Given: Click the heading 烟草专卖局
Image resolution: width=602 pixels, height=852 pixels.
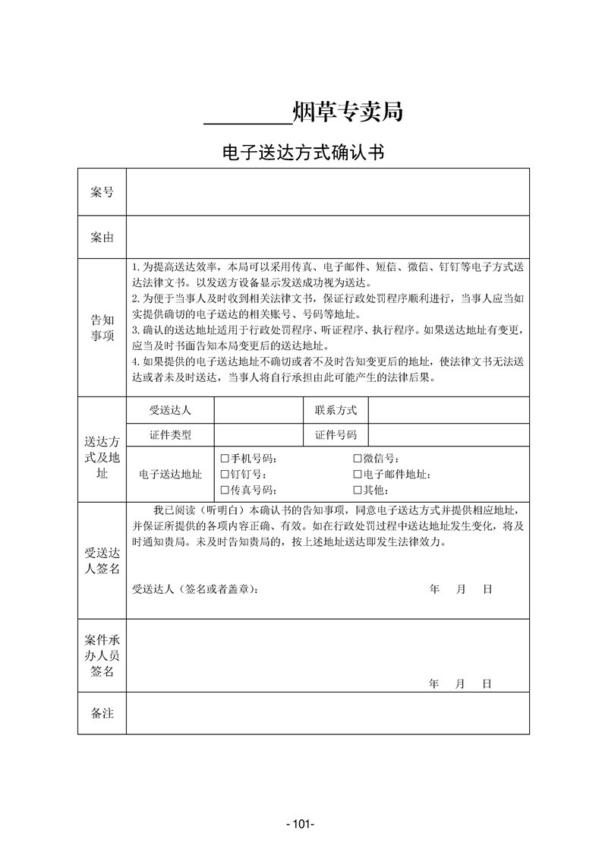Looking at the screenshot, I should [347, 112].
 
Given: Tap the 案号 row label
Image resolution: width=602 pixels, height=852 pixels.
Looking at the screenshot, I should [102, 192].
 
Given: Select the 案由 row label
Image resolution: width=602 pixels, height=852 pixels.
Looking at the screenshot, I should [102, 238].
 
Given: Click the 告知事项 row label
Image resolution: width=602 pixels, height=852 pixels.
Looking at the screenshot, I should [102, 327].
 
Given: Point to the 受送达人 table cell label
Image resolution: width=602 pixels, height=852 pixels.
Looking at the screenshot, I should [170, 410].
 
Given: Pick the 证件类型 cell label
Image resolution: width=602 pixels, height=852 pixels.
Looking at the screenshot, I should [170, 435].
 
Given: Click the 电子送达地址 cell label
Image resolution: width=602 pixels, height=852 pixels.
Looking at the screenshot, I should [170, 475].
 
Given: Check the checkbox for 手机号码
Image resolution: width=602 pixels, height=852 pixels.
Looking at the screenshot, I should [225, 459].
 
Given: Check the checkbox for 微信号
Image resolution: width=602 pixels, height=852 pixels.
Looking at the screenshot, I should [357, 459].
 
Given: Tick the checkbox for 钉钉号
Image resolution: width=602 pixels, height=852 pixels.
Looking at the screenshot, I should [225, 475].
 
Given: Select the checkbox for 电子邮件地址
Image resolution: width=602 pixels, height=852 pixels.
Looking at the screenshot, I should [357, 475].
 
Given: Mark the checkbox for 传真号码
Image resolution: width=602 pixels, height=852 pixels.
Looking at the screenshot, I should [225, 490].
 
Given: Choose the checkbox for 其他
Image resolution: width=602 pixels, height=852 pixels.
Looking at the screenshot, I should [357, 490].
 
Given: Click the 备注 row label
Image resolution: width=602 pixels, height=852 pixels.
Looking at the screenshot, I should [102, 713].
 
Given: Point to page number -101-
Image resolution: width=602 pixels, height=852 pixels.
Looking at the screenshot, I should [301, 824].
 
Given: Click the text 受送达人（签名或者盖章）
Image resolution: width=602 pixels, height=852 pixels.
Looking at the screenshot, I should [195, 589].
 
